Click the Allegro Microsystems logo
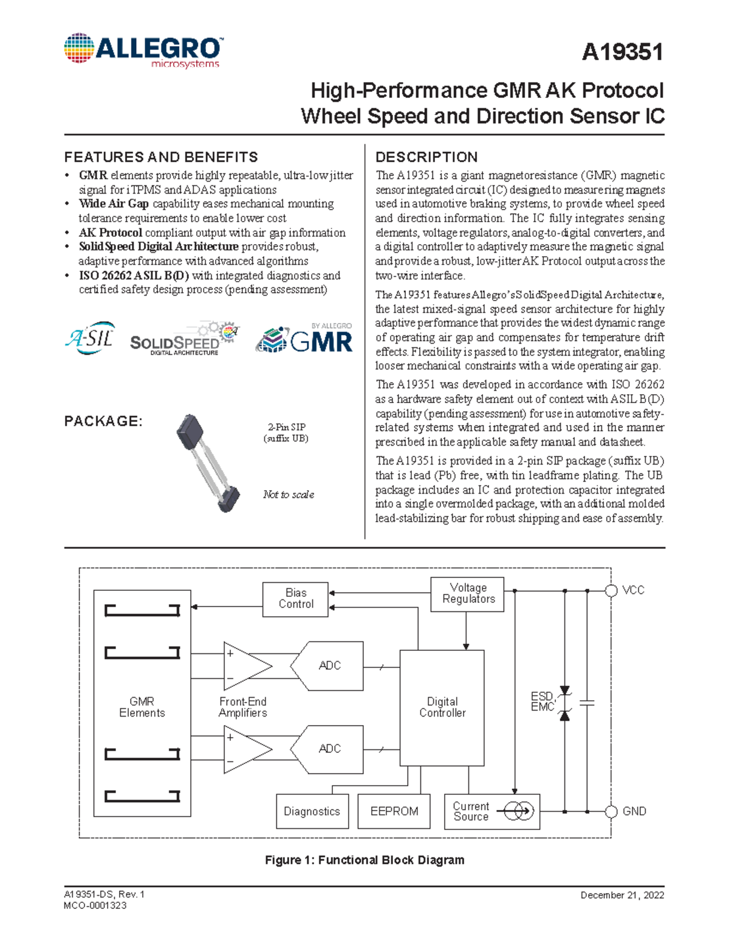point(143,50)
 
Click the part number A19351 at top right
point(622,52)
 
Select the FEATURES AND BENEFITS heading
point(161,157)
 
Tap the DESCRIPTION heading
point(426,157)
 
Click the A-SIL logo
point(89,338)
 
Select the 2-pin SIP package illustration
point(208,461)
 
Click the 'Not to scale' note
point(289,494)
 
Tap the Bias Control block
point(296,599)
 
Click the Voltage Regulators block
point(468,594)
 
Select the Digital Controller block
point(442,707)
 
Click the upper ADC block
point(328,666)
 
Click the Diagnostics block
point(312,811)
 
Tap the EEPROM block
point(394,811)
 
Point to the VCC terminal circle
point(612,590)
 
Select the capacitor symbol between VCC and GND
point(587,703)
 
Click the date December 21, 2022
point(622,895)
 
